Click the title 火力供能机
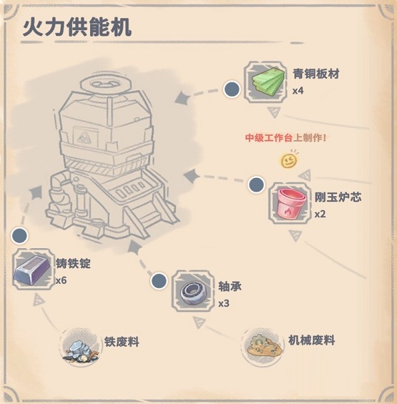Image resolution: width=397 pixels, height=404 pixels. click(x=77, y=27)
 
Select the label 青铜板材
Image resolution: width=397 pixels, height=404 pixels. click(x=315, y=74)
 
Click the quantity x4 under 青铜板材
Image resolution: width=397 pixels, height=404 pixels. click(x=298, y=91)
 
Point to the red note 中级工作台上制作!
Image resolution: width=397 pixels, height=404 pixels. click(x=285, y=138)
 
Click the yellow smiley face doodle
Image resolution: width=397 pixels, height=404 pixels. click(x=289, y=159)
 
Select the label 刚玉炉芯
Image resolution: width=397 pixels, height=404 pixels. click(x=338, y=197)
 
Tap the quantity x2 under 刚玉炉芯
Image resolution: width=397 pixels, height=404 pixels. click(x=320, y=214)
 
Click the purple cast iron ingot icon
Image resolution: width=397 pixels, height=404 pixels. click(x=32, y=270)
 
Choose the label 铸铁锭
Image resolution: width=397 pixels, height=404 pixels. click(x=74, y=263)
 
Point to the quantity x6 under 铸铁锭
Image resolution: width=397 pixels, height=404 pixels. click(x=62, y=280)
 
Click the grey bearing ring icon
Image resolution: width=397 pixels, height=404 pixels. click(x=193, y=292)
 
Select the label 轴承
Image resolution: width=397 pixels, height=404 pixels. click(x=230, y=286)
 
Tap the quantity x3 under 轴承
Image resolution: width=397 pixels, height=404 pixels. click(x=224, y=303)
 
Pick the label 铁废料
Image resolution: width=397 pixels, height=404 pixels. click(x=122, y=342)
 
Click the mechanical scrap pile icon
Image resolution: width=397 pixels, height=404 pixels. click(x=264, y=346)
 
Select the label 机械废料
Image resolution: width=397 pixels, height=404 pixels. click(x=311, y=340)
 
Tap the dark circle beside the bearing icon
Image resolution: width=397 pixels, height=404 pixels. click(x=159, y=281)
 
